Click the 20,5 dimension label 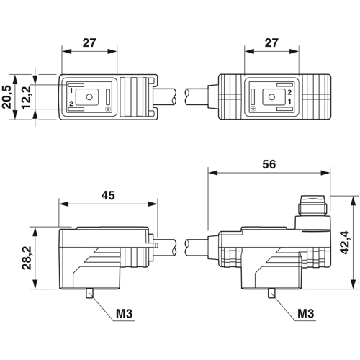[7, 96]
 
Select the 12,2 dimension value [26, 97]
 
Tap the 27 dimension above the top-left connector [89, 43]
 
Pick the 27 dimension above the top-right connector [271, 43]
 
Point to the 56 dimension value [269, 164]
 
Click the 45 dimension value [108, 195]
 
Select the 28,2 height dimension [27, 258]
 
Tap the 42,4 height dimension [345, 243]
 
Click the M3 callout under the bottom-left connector [125, 313]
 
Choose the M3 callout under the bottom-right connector [306, 313]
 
